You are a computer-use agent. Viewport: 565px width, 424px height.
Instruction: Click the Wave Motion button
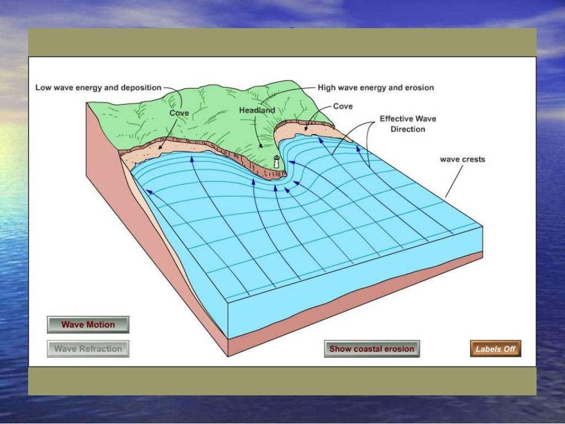[x=88, y=324]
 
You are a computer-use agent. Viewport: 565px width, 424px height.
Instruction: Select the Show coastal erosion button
[x=371, y=348]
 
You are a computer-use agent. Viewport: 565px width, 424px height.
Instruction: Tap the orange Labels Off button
[x=495, y=349]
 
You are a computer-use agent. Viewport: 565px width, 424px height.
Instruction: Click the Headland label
[x=257, y=110]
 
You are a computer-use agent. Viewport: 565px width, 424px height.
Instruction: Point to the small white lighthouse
[x=276, y=162]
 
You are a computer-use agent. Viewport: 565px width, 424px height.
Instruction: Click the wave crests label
[x=462, y=159]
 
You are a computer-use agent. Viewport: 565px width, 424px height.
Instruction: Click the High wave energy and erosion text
[x=375, y=87]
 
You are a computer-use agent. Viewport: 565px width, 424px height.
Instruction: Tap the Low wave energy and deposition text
[x=98, y=87]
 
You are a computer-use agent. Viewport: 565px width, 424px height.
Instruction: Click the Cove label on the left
[x=179, y=113]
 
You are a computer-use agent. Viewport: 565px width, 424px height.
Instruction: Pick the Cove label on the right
[x=343, y=106]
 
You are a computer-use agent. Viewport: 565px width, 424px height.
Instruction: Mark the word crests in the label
[x=473, y=159]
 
